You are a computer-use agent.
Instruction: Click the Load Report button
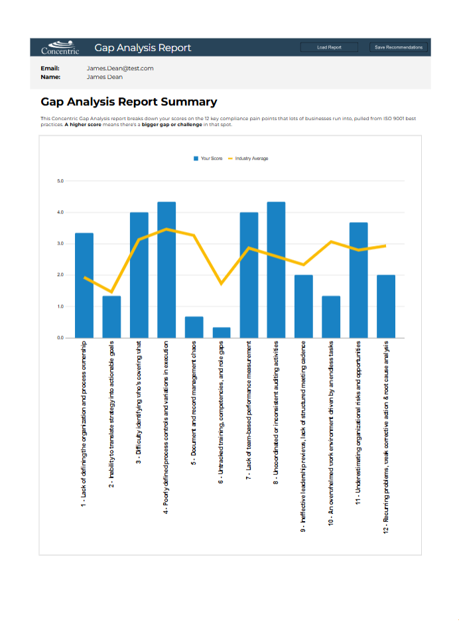pyautogui.click(x=329, y=47)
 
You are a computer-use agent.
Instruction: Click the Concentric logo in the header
pyautogui.click(x=60, y=47)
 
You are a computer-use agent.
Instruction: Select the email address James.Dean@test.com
pyautogui.click(x=120, y=68)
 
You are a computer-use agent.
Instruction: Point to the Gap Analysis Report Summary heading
pyautogui.click(x=129, y=102)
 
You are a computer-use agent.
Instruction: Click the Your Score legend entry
pyautogui.click(x=208, y=158)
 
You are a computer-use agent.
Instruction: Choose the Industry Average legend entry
pyautogui.click(x=248, y=158)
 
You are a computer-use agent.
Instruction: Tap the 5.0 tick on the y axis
pyautogui.click(x=60, y=181)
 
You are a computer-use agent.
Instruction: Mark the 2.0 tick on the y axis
pyautogui.click(x=60, y=275)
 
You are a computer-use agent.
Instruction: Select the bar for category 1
pyautogui.click(x=84, y=285)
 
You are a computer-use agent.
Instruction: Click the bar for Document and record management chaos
pyautogui.click(x=194, y=328)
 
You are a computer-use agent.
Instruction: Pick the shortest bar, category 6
pyautogui.click(x=222, y=333)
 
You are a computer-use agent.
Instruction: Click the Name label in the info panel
pyautogui.click(x=50, y=77)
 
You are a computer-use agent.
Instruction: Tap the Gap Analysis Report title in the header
pyautogui.click(x=143, y=48)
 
